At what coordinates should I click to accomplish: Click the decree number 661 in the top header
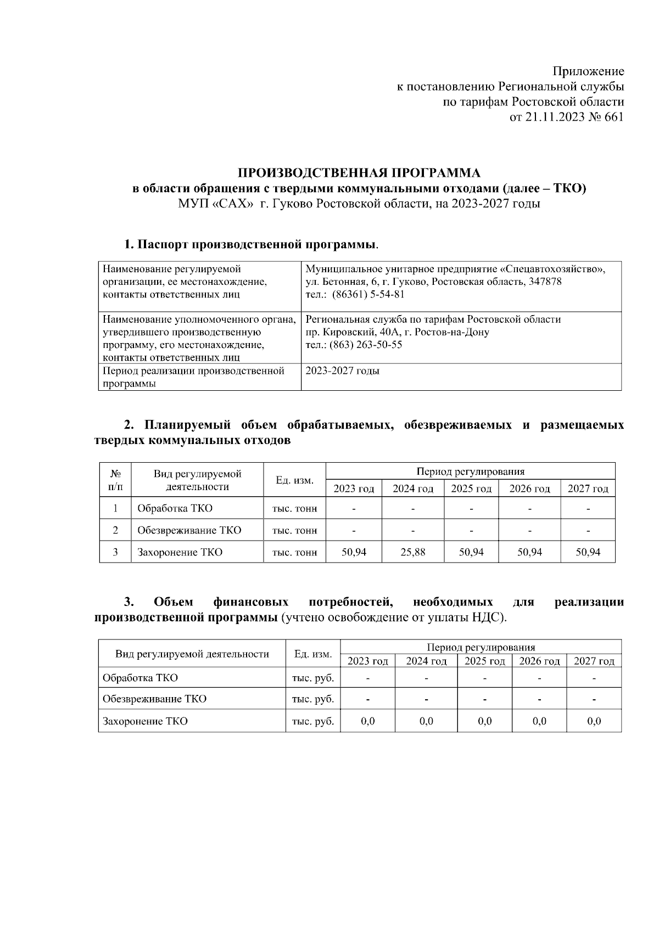point(613,117)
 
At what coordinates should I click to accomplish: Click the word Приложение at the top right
point(588,71)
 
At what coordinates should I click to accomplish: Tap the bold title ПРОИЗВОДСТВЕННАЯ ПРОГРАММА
point(359,173)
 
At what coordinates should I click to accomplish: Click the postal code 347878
point(544,282)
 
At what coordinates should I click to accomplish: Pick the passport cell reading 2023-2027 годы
point(342,370)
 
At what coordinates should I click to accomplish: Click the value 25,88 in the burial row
point(412,552)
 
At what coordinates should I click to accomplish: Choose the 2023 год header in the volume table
point(354,489)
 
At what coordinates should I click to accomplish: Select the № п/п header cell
point(115,480)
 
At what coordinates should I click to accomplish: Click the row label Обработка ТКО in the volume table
point(175,508)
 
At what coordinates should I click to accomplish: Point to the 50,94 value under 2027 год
point(588,552)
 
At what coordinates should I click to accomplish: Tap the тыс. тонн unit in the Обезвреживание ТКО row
point(294,530)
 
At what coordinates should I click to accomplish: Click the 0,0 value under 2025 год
point(484,721)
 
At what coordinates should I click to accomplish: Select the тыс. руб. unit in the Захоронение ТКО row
point(313,721)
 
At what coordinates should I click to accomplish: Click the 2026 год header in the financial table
point(539,661)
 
